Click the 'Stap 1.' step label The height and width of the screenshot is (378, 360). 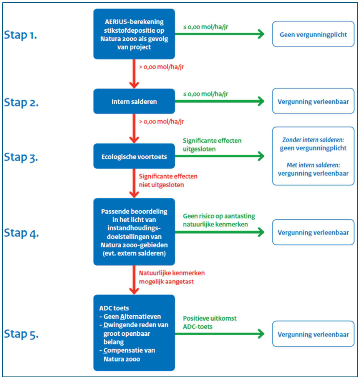[20, 35]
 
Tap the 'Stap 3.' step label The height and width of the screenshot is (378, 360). [21, 157]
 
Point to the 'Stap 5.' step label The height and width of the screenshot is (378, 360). [21, 334]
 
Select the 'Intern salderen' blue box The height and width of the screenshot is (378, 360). [134, 101]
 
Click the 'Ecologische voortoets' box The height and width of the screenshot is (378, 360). [134, 156]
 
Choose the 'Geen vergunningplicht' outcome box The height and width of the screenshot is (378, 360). [313, 34]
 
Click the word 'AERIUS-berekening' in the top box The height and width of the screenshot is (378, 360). [134, 22]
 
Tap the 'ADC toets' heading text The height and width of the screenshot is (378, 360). [114, 308]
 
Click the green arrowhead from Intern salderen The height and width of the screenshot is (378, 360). [261, 101]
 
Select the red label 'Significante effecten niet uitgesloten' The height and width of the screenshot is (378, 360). [168, 181]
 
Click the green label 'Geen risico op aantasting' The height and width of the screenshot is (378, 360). [219, 216]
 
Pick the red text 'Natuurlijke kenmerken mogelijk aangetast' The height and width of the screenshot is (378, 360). [172, 277]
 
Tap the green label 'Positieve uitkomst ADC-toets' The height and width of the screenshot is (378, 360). [209, 323]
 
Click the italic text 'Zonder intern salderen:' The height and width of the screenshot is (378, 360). [313, 140]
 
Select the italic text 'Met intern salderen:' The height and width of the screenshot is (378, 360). [313, 165]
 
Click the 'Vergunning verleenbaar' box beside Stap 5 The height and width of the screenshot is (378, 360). [313, 334]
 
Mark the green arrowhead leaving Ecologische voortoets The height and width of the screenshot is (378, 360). [261, 156]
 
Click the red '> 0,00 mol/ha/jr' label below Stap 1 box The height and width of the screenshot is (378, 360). [161, 67]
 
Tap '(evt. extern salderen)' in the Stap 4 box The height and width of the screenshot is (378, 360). [134, 253]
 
